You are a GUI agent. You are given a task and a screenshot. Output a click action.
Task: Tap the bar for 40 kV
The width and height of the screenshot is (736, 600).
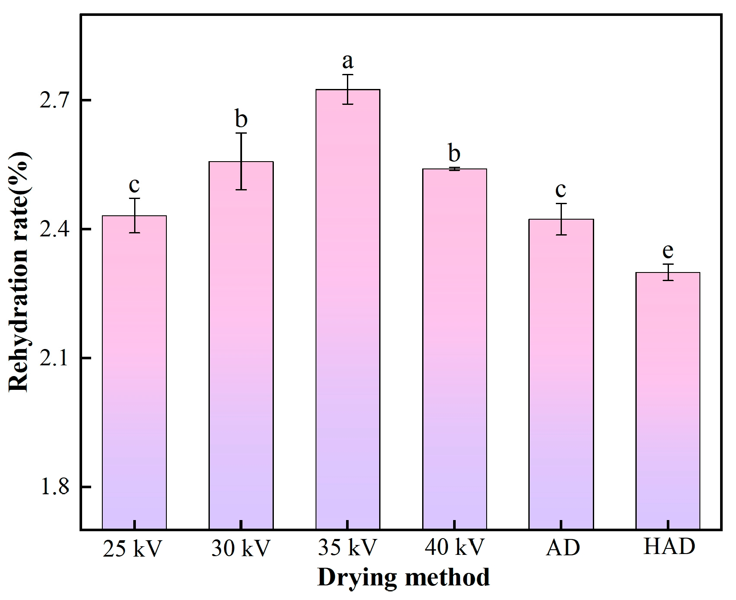(x=454, y=348)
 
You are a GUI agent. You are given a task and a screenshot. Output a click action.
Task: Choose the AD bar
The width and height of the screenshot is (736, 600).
(x=561, y=373)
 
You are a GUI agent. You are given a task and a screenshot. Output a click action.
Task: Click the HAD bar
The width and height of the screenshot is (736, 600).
(x=668, y=400)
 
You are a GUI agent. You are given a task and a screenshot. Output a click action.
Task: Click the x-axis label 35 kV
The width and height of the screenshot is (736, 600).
(x=347, y=547)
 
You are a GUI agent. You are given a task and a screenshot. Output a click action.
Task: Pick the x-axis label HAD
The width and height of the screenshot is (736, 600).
(x=669, y=547)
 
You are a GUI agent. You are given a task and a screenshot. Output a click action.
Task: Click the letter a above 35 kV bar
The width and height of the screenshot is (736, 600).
(x=348, y=61)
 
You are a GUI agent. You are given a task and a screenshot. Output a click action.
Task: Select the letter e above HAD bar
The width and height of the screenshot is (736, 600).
(x=668, y=250)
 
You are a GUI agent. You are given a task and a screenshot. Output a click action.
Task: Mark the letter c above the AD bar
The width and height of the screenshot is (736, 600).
(x=561, y=189)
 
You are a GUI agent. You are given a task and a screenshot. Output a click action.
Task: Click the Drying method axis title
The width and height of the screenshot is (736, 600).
(x=403, y=577)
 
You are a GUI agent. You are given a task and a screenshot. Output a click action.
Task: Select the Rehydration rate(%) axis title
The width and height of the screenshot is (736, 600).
(x=19, y=272)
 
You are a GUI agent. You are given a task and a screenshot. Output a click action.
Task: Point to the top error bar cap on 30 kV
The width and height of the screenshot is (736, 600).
(x=241, y=133)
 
